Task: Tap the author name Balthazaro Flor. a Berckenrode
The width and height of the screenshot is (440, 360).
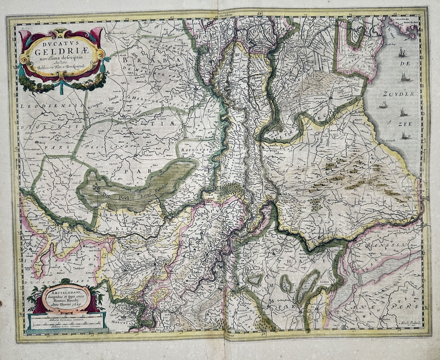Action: (59, 66)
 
